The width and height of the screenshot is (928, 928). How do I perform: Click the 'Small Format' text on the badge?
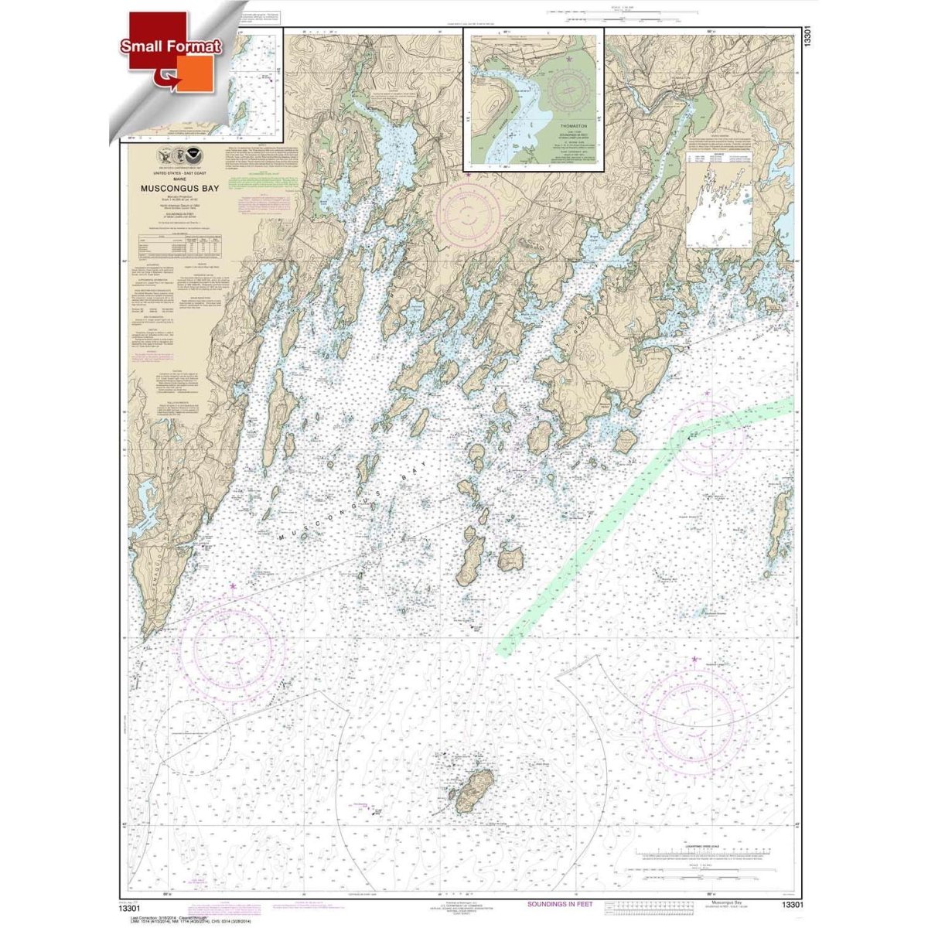click(x=171, y=46)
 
